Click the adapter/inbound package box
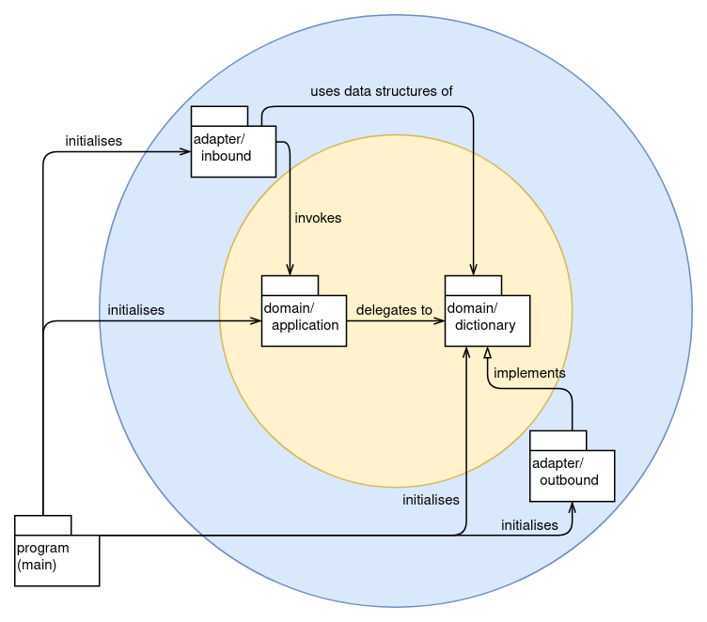pyautogui.click(x=233, y=150)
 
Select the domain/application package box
pyautogui.click(x=304, y=320)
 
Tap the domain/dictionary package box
pyautogui.click(x=487, y=320)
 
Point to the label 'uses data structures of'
pyautogui.click(x=381, y=91)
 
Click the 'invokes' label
pyautogui.click(x=318, y=217)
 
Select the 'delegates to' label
pyautogui.click(x=394, y=309)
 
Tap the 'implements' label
pyautogui.click(x=529, y=373)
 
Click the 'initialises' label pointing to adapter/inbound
pyautogui.click(x=93, y=141)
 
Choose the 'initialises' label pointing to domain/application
pyautogui.click(x=135, y=309)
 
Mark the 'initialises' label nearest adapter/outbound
pyautogui.click(x=529, y=525)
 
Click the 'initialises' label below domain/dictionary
pyautogui.click(x=431, y=500)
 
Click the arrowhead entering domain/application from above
pyautogui.click(x=290, y=270)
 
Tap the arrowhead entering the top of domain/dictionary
pyautogui.click(x=473, y=270)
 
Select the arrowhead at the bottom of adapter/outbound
pyautogui.click(x=572, y=506)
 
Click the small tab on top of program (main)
pyautogui.click(x=42, y=524)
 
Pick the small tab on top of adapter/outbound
pyautogui.click(x=558, y=440)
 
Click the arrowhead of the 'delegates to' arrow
pyautogui.click(x=439, y=320)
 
